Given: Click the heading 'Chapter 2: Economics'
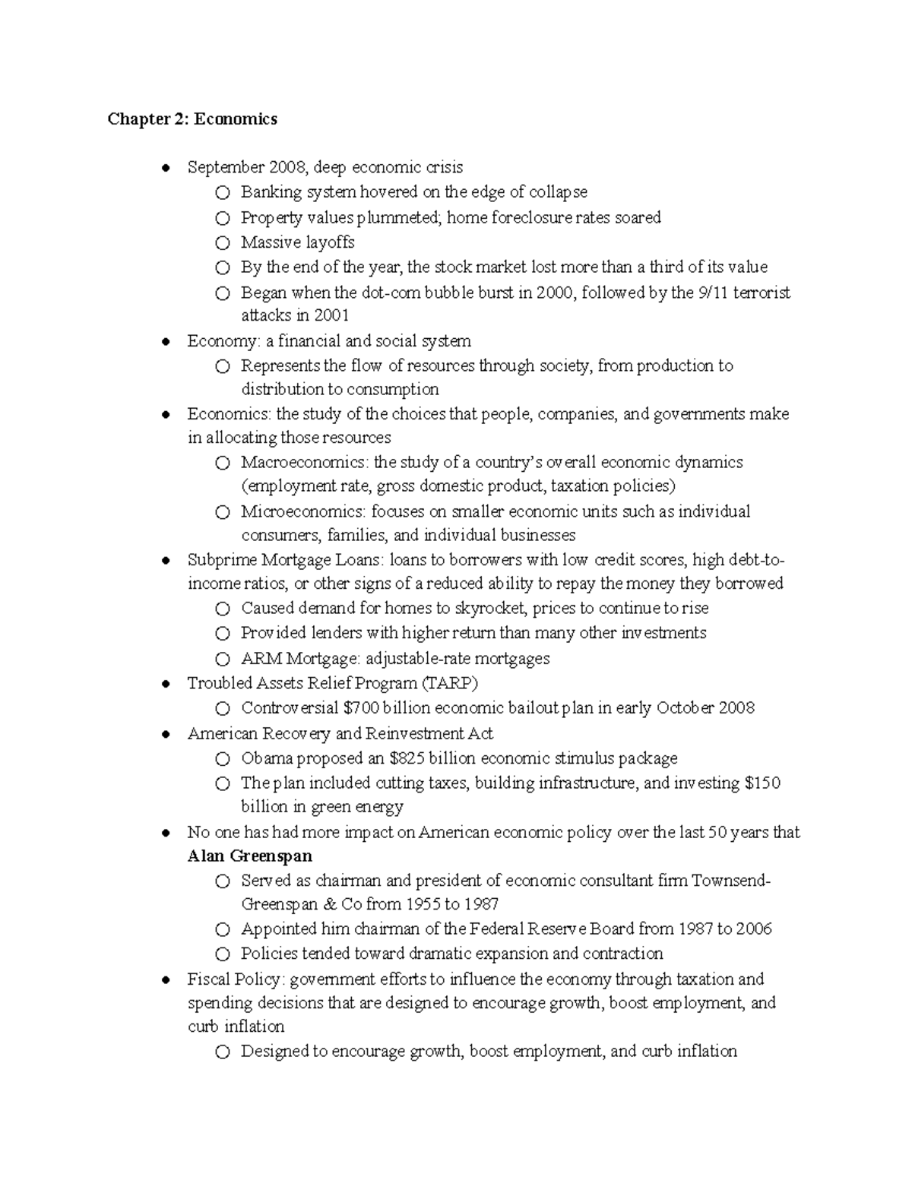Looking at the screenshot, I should (192, 119).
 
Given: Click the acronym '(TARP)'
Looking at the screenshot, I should (451, 683).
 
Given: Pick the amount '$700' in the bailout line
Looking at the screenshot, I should (361, 708).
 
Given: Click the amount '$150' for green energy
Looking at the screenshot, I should (762, 783).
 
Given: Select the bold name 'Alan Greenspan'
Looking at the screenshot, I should (250, 856).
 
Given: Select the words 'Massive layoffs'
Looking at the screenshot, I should (297, 242).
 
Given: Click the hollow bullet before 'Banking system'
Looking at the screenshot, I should (221, 193).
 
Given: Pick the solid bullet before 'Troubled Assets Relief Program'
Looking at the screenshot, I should (166, 684).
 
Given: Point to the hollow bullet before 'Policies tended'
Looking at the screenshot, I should (221, 954).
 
